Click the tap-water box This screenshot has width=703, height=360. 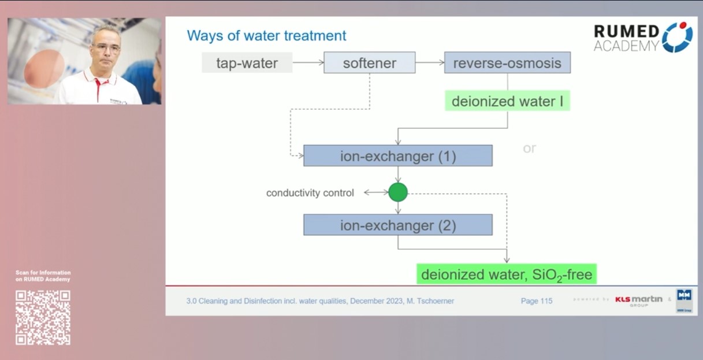pyautogui.click(x=247, y=63)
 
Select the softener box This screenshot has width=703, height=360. pyautogui.click(x=369, y=63)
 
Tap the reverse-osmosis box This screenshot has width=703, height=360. pyautogui.click(x=507, y=63)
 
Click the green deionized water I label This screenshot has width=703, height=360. pyautogui.click(x=507, y=102)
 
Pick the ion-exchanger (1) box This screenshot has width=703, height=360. pyautogui.click(x=397, y=156)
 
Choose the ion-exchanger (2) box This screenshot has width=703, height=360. pyautogui.click(x=397, y=225)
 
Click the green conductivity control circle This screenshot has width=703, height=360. pyautogui.click(x=397, y=192)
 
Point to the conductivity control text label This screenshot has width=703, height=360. pyautogui.click(x=310, y=193)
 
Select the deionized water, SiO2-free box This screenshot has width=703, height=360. pyautogui.click(x=506, y=274)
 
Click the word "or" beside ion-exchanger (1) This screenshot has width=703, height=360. pyautogui.click(x=529, y=149)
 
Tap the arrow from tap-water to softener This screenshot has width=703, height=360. pyautogui.click(x=308, y=63)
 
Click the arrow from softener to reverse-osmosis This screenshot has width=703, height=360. pyautogui.click(x=429, y=63)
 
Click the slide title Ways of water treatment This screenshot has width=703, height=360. pyautogui.click(x=266, y=36)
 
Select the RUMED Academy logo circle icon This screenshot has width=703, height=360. pyautogui.click(x=677, y=38)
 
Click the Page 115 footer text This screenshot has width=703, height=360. pyautogui.click(x=536, y=301)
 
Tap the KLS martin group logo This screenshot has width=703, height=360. pyautogui.click(x=638, y=300)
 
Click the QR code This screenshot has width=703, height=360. pyautogui.click(x=43, y=318)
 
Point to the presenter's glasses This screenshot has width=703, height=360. pyautogui.click(x=107, y=47)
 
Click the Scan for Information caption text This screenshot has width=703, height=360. pyautogui.click(x=43, y=276)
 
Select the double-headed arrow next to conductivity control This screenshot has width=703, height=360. pyautogui.click(x=375, y=192)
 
